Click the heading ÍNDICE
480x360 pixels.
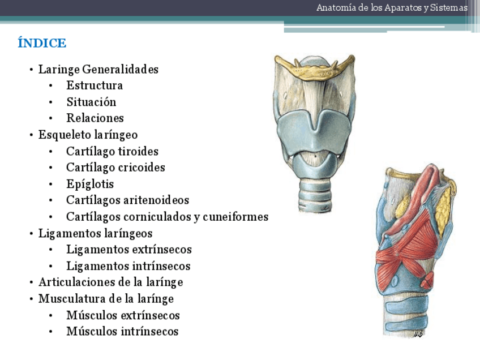point(42,43)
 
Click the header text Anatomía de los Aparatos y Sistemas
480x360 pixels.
point(392,8)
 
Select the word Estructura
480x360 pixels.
point(95,85)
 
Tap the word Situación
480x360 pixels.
point(91,102)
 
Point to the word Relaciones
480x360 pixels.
point(95,118)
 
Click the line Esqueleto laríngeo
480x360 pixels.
point(88,135)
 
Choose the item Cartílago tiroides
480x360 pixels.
point(112,151)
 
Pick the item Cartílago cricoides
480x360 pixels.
point(115,168)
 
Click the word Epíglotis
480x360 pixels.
point(90,184)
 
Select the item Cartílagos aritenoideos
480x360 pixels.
point(127,200)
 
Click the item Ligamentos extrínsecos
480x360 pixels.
point(129,250)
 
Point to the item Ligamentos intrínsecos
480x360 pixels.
point(128,266)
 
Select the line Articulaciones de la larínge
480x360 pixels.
point(110,282)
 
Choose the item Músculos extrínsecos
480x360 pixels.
point(123,315)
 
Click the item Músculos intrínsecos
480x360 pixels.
point(122,332)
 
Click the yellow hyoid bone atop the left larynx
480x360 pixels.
point(315,71)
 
